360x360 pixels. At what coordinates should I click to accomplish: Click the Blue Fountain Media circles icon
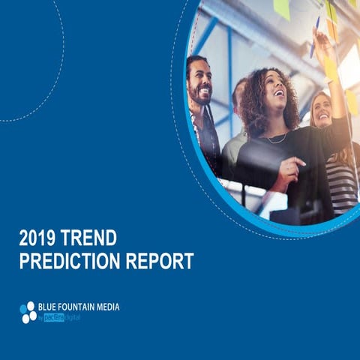[x=28, y=311]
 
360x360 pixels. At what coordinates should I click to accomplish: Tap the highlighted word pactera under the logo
[x=54, y=318]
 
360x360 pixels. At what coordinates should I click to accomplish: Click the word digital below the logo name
[x=72, y=318]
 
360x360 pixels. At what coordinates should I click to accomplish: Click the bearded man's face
[x=199, y=79]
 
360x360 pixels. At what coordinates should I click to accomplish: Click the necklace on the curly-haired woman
[x=277, y=139]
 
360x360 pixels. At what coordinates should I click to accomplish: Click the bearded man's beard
[x=201, y=95]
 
